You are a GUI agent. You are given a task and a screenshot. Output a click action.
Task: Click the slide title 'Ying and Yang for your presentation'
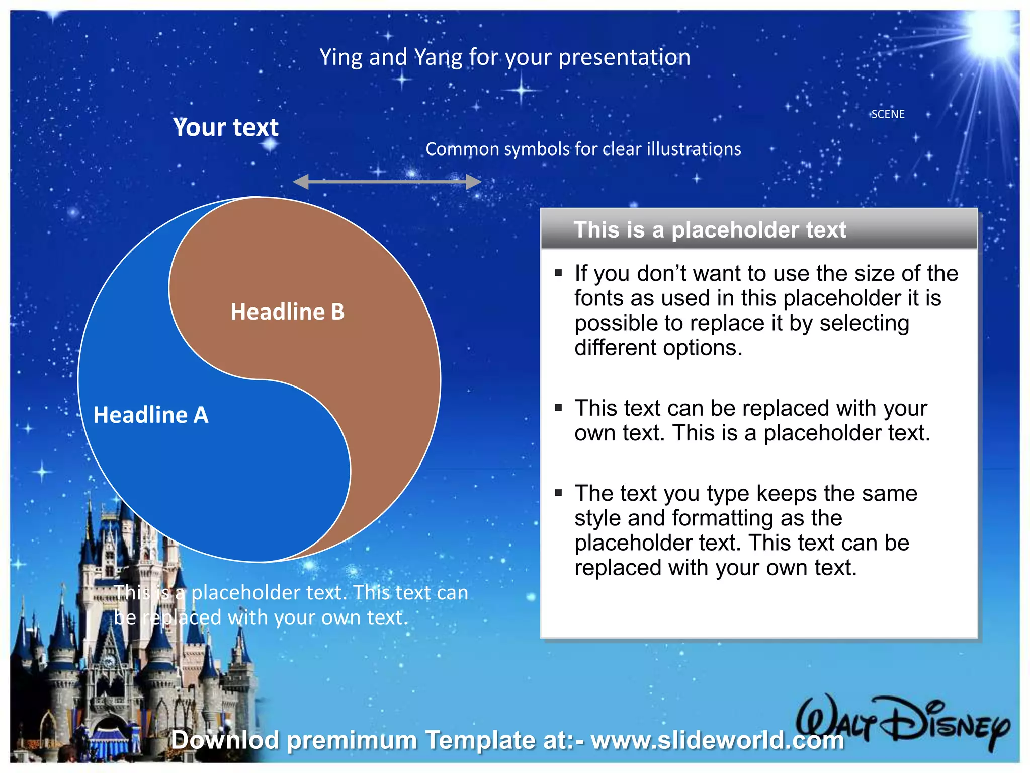point(505,57)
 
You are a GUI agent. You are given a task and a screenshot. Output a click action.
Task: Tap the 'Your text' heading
point(225,127)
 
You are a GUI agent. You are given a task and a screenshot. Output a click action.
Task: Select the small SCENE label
point(888,114)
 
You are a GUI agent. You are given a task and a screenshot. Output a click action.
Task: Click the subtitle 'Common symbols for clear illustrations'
point(583,149)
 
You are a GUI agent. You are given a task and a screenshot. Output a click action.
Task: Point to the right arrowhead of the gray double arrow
point(473,182)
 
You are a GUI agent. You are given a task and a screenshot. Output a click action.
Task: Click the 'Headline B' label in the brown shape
point(287,312)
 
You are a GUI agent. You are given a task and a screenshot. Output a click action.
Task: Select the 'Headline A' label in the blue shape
point(151,415)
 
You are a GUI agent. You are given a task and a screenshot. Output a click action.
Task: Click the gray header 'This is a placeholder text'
point(709,230)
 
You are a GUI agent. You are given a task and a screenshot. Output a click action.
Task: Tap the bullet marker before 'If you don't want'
point(558,273)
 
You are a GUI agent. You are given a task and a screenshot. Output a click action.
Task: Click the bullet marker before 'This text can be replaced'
point(558,408)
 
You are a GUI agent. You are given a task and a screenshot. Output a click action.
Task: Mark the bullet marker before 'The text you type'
point(558,493)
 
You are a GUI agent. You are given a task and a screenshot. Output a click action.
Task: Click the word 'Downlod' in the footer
point(225,740)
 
